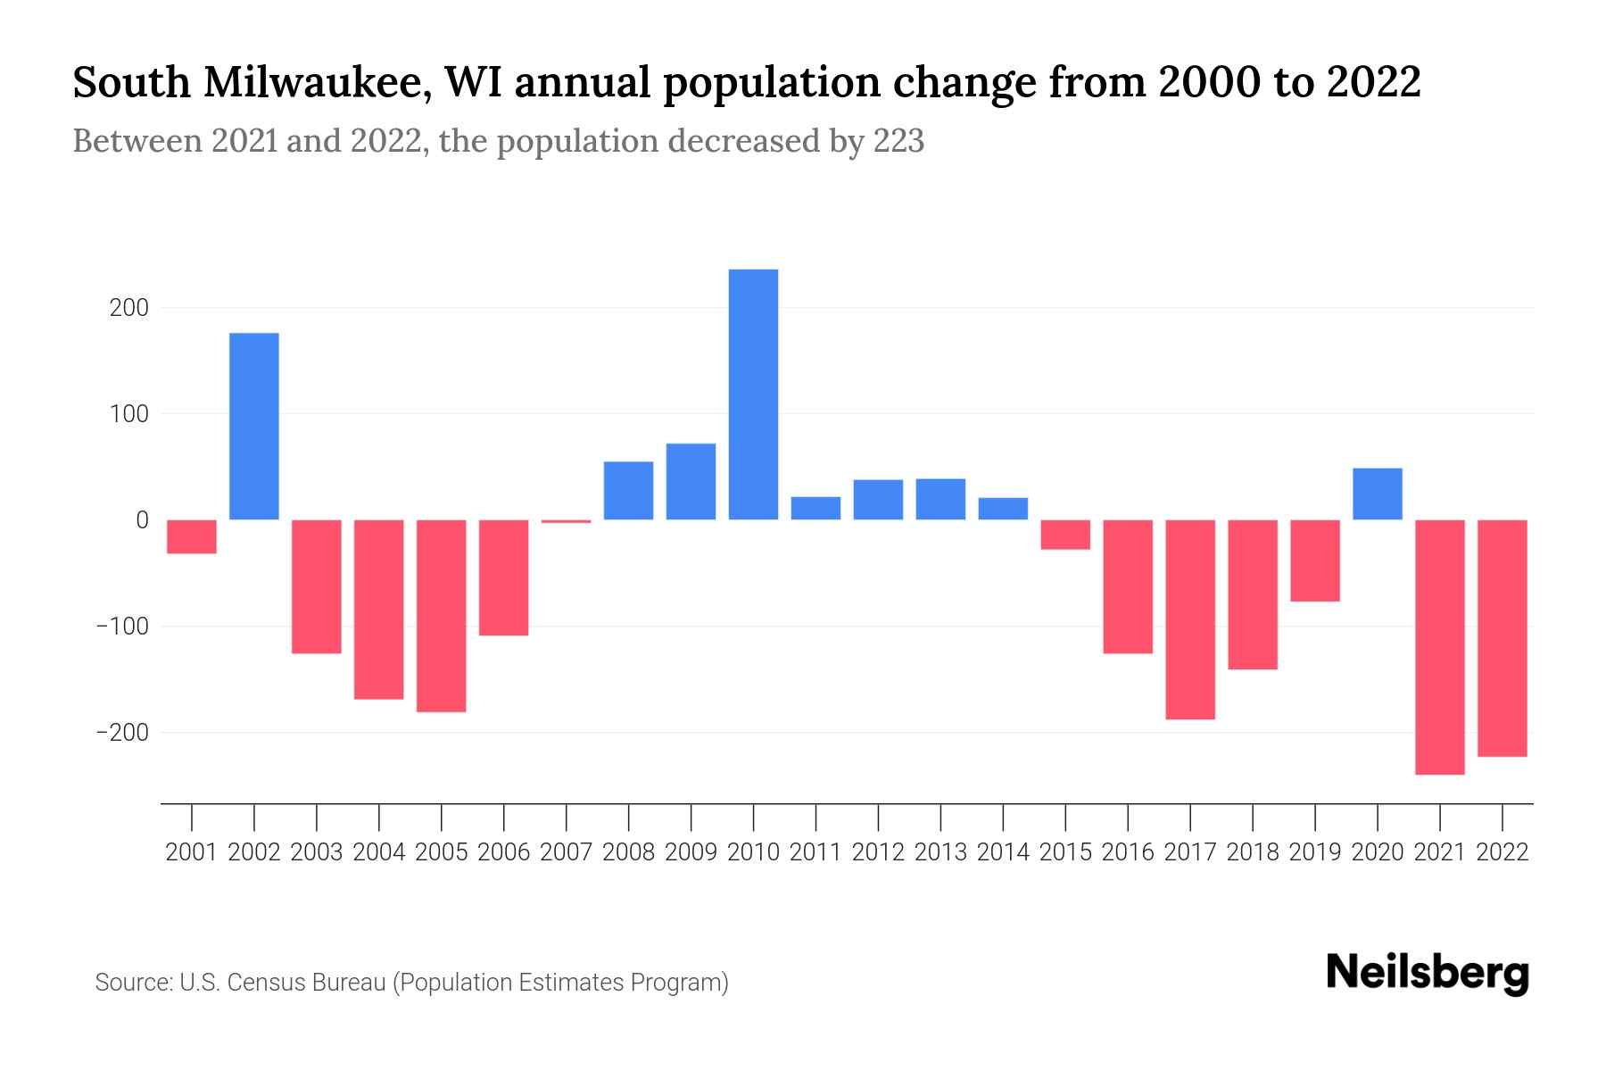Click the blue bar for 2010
(753, 394)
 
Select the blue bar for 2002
(254, 427)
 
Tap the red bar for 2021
(1439, 647)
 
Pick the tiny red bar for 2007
(566, 521)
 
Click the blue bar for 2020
(1377, 494)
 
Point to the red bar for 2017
(1190, 619)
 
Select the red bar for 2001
(192, 536)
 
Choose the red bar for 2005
(441, 616)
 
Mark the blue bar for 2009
(691, 482)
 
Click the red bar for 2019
(1314, 560)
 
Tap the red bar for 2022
(1502, 638)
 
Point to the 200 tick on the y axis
(129, 308)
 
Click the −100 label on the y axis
(122, 627)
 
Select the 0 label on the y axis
(142, 520)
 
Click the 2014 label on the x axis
(1003, 852)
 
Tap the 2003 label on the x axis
(317, 852)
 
